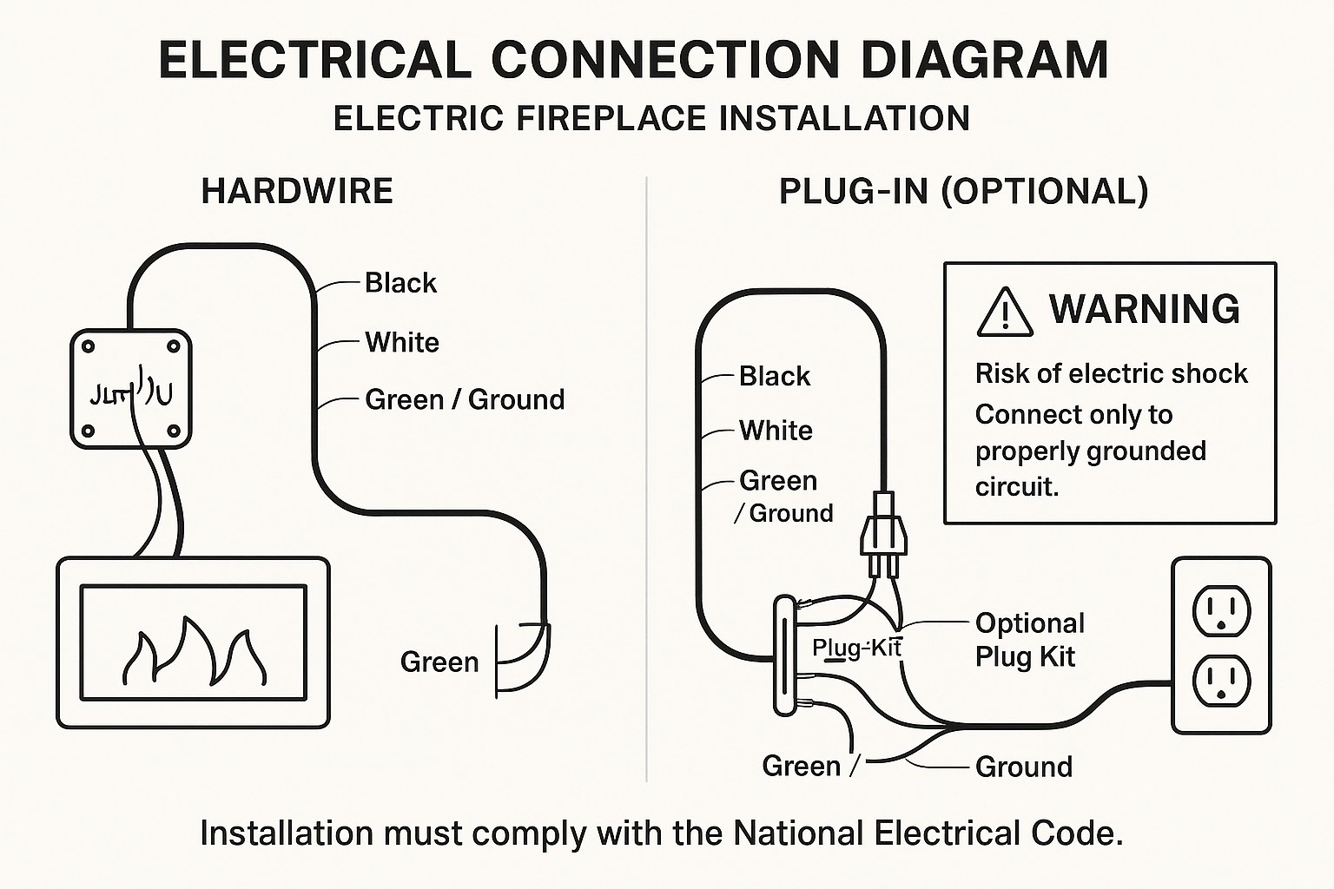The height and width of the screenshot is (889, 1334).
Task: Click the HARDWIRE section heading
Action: (297, 191)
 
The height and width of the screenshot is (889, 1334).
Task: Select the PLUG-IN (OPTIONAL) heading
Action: (963, 191)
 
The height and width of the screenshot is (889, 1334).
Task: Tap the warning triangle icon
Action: (1005, 313)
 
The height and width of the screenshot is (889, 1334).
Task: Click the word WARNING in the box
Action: (1145, 309)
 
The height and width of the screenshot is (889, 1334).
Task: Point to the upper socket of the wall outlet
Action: (1221, 610)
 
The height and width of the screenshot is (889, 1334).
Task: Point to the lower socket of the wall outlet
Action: (1221, 682)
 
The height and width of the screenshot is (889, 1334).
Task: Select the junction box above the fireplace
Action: (130, 388)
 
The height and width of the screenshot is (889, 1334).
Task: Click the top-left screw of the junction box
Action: (88, 346)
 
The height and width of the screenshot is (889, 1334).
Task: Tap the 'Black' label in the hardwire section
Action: (400, 283)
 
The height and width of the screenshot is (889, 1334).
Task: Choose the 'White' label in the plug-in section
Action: (776, 431)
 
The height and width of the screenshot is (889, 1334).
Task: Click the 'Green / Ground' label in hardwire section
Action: (465, 399)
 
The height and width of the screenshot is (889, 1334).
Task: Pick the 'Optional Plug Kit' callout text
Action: (1029, 640)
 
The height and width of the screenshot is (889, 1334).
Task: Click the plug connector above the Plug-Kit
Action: (883, 531)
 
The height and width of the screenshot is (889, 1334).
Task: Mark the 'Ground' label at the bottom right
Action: (1023, 767)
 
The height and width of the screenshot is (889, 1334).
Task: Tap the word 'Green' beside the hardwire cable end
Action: (439, 662)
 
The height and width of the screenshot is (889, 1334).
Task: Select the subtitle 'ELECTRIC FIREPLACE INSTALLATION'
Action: (651, 119)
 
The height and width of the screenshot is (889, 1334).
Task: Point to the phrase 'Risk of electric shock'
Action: (1111, 373)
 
